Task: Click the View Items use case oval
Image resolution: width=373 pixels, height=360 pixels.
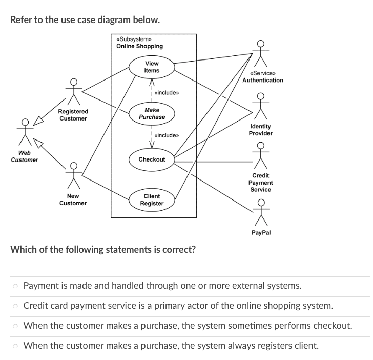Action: coord(152,67)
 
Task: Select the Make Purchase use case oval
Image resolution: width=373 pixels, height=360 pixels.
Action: coord(152,113)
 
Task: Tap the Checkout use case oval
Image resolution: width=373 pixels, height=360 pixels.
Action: coord(152,159)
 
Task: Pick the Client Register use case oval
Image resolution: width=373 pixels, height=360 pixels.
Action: coord(152,200)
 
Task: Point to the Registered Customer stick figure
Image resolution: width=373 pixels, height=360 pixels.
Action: coord(73,92)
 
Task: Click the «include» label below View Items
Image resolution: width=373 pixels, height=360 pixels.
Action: coord(166,93)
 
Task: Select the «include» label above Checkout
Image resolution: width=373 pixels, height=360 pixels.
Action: coord(166,135)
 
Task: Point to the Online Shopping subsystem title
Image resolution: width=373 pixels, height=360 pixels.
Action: coord(139,46)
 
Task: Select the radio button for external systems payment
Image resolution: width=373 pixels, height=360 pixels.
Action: coord(16,286)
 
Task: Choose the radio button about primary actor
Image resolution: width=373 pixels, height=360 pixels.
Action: coord(16,306)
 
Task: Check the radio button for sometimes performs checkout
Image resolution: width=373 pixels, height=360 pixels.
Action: coord(16,326)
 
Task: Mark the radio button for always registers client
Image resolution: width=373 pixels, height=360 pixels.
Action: coord(16,346)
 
